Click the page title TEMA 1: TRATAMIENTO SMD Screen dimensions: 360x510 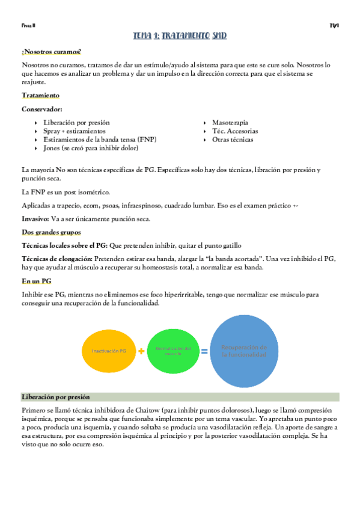(180, 36)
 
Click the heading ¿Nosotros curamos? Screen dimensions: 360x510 (51, 52)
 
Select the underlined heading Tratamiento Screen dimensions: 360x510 (40, 96)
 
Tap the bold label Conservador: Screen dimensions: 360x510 (42, 109)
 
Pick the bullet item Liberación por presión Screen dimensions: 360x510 (76, 122)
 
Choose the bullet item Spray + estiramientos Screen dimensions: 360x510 (75, 131)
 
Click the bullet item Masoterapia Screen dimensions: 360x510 (230, 122)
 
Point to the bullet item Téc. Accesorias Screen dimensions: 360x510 (235, 131)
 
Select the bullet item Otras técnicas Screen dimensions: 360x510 (233, 140)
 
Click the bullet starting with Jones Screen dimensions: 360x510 (91, 148)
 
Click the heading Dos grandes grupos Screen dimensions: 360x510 (51, 232)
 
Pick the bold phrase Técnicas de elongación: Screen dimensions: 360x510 (57, 259)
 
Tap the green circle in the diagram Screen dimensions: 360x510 (172, 350)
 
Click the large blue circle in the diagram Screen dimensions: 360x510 (244, 351)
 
